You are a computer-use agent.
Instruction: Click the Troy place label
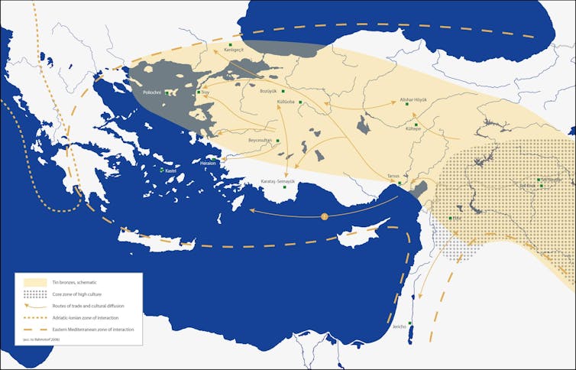(x=205, y=92)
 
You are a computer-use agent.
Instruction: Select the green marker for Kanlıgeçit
(x=231, y=47)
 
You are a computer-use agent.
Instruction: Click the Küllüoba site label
(x=286, y=102)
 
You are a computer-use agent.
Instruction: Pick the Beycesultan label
(x=260, y=141)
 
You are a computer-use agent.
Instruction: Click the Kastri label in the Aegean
(x=170, y=170)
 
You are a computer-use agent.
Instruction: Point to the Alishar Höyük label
(x=413, y=99)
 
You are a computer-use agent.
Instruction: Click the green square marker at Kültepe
(x=416, y=124)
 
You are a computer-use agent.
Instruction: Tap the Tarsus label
(x=393, y=176)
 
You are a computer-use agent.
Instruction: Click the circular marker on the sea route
(x=324, y=216)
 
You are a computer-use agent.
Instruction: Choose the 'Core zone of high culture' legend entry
(x=74, y=294)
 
